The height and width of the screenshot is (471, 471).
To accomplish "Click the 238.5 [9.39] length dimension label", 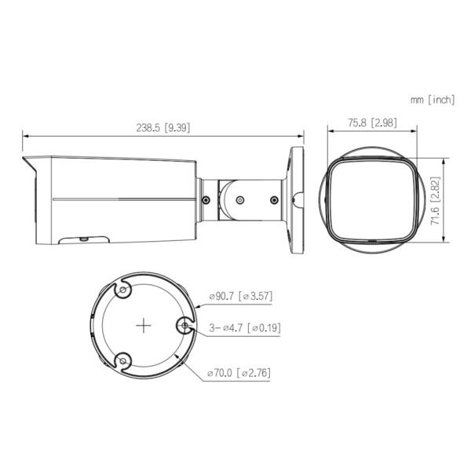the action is coord(163,128).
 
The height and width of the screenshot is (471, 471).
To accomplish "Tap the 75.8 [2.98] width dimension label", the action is coord(372,122).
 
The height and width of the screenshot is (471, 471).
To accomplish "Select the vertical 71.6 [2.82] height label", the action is coord(435,200).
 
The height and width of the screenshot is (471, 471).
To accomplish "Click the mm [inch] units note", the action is coord(433,100).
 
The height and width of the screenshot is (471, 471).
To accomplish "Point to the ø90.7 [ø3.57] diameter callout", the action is coord(241,296).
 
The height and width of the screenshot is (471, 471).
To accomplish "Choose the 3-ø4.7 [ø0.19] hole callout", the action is coord(245,327).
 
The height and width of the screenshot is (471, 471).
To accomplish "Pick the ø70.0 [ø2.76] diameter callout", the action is coord(239,373).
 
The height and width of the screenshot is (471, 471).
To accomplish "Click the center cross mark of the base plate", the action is coord(144,325).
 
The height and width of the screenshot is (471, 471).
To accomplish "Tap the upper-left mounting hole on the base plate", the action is coord(123,290).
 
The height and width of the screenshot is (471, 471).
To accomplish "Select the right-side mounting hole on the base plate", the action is coord(185,325).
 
